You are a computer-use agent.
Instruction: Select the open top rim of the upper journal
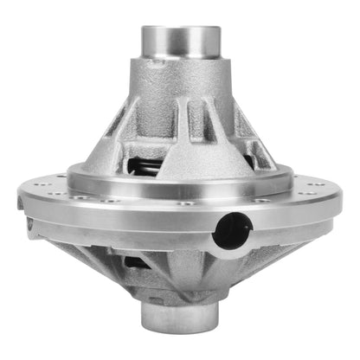tap(181, 28)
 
